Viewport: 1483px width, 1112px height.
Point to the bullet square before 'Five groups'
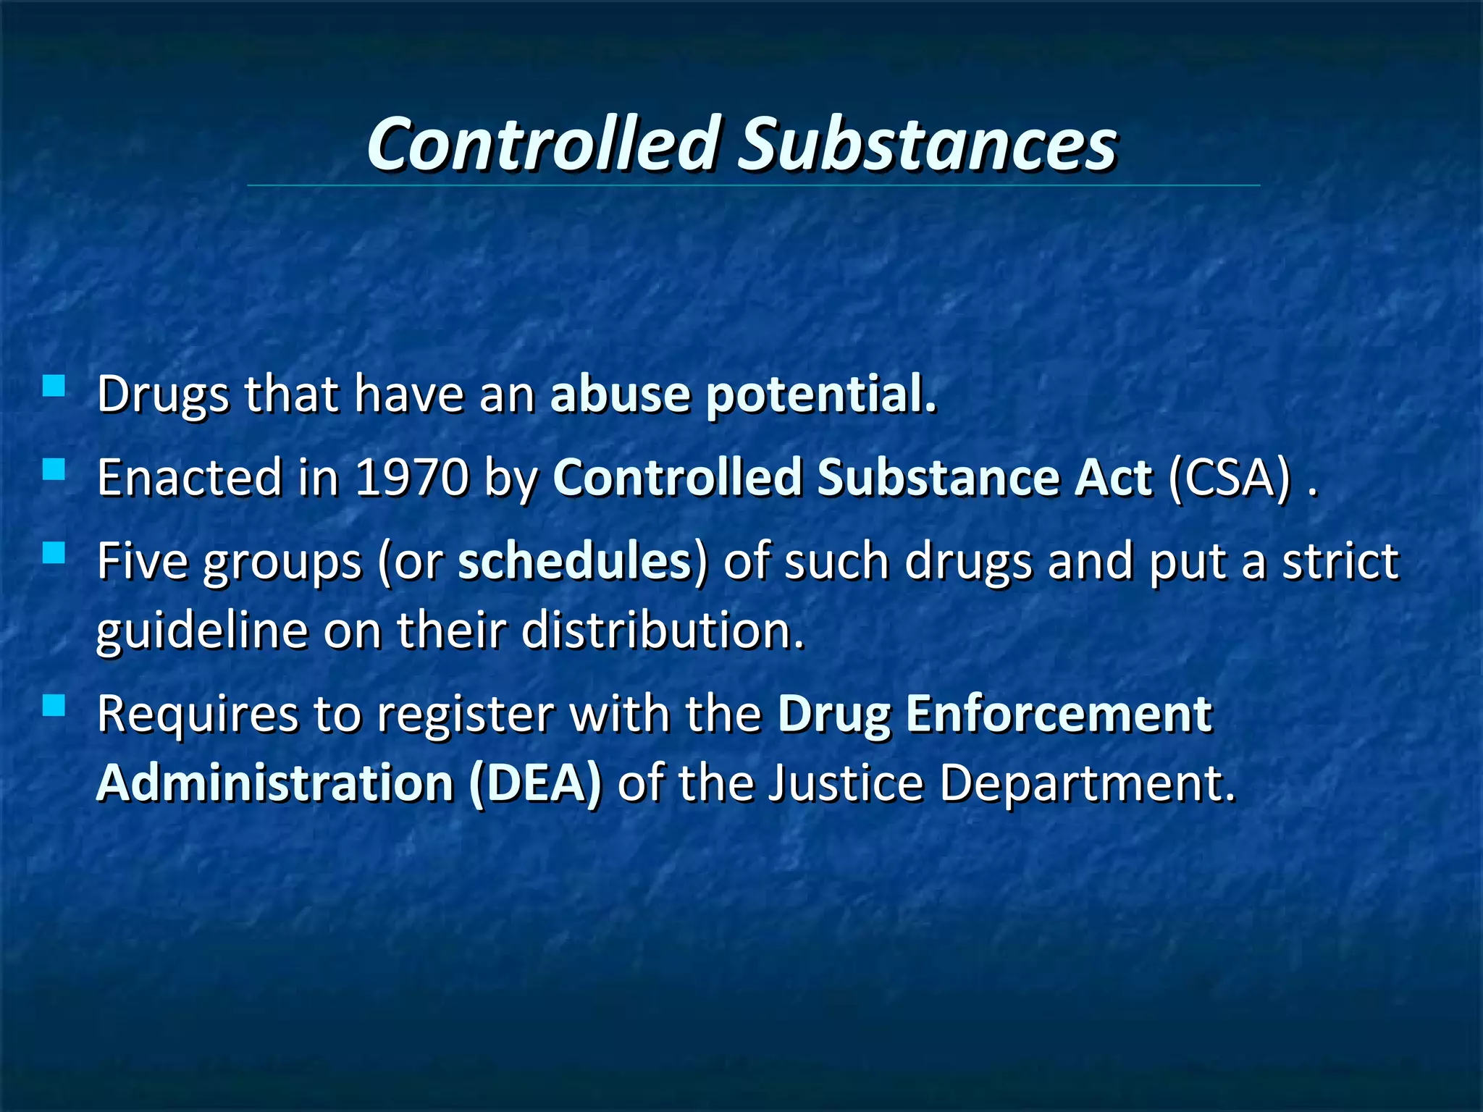pyautogui.click(x=54, y=553)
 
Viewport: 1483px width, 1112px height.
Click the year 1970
pyautogui.click(x=412, y=478)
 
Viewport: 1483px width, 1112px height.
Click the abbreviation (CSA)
pyautogui.click(x=1230, y=478)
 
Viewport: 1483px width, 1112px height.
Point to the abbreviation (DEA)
pyautogui.click(x=535, y=783)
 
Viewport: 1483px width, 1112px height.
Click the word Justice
pyautogui.click(x=846, y=783)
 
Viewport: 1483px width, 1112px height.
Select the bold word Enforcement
pyautogui.click(x=1059, y=714)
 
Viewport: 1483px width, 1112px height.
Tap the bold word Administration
pyautogui.click(x=275, y=783)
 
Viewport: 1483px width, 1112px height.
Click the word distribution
pyautogui.click(x=663, y=630)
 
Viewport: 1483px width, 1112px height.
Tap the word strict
pyautogui.click(x=1340, y=561)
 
